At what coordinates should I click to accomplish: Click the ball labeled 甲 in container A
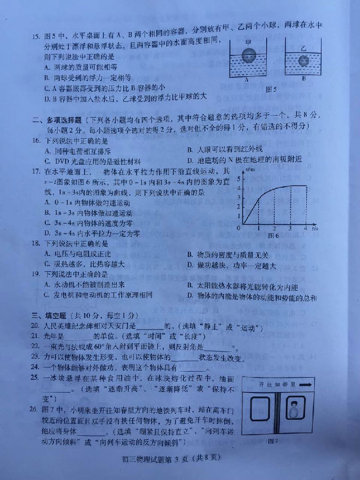247,55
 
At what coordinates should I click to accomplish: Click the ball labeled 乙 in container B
303,60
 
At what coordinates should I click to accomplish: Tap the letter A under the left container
247,78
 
